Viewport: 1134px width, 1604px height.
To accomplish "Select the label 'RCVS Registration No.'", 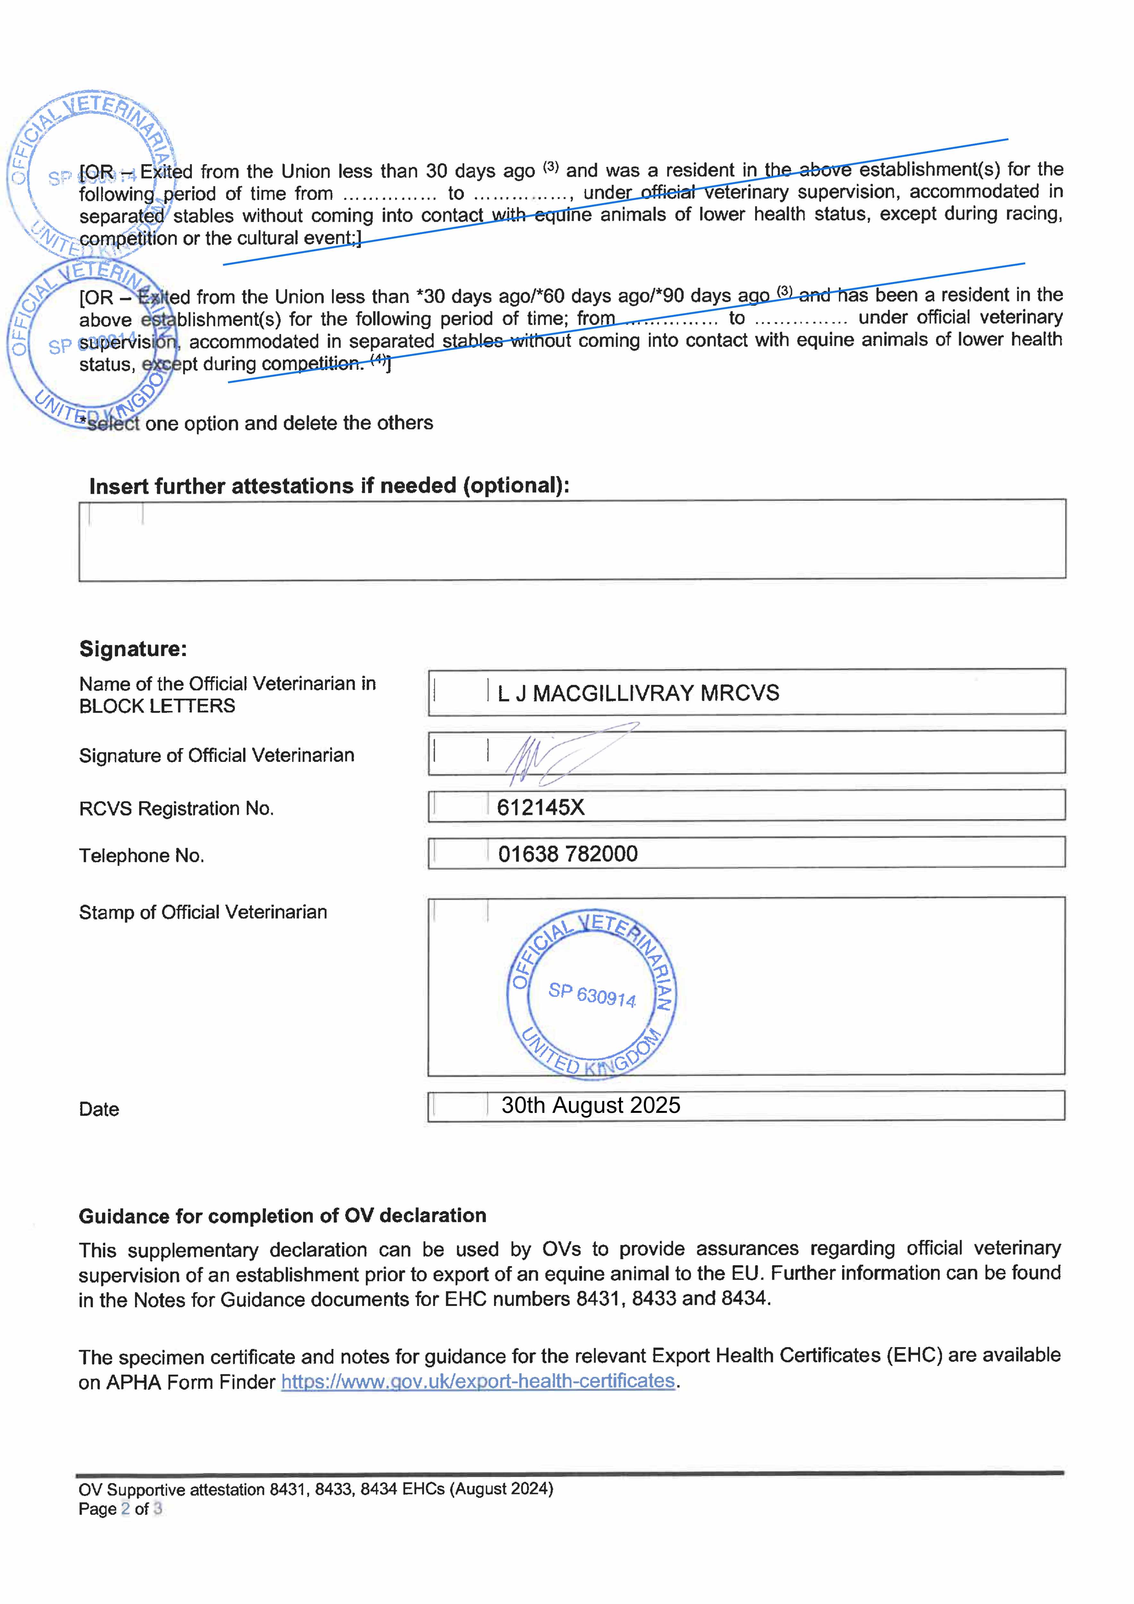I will click(176, 809).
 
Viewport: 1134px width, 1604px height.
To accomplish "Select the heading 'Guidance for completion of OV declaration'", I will click(282, 1216).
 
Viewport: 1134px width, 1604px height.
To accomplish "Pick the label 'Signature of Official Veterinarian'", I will click(217, 756).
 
